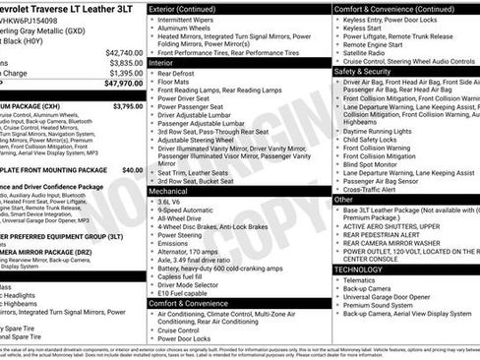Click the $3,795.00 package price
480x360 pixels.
click(x=128, y=105)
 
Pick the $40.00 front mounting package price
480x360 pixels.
click(x=132, y=170)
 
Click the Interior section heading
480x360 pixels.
click(x=160, y=62)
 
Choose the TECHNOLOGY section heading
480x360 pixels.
click(x=358, y=269)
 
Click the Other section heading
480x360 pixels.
click(x=343, y=199)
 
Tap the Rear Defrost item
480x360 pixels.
click(x=176, y=73)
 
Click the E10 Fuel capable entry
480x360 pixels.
click(x=183, y=292)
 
